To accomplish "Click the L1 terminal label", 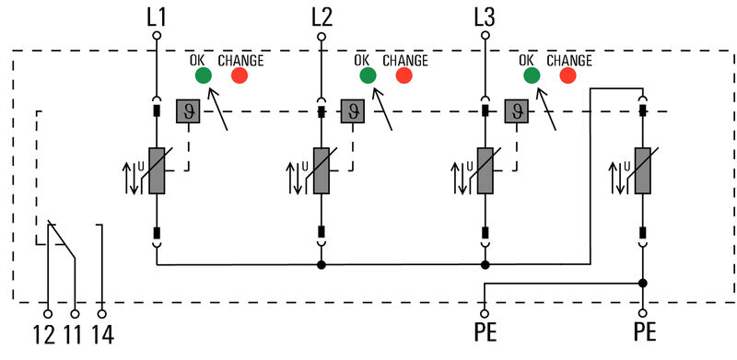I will coord(157,16).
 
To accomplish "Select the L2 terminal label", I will coord(322,16).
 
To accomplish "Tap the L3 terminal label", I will coord(485,16).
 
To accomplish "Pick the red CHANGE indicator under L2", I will coord(404,75).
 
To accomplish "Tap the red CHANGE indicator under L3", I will coord(567,75).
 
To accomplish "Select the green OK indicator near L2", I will coord(368,75).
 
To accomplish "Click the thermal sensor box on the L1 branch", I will coord(188,112).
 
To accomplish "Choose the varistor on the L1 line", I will coord(157,170).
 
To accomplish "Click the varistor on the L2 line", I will coord(322,170).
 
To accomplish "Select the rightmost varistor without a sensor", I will coord(642,170).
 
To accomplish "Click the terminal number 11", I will coord(75,334).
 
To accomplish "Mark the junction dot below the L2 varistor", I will coord(322,265).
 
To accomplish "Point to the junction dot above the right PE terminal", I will coord(642,284).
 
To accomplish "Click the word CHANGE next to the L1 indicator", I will coord(240,60).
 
